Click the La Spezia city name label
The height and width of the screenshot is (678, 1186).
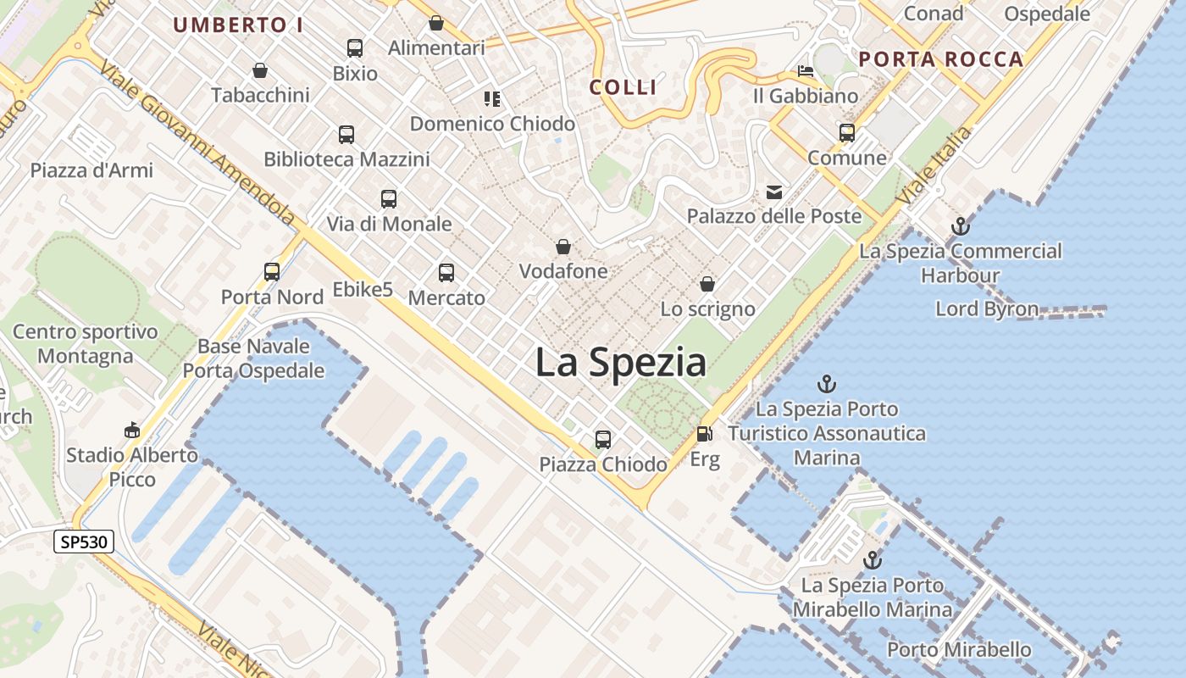point(621,363)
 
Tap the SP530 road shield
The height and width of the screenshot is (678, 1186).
point(84,542)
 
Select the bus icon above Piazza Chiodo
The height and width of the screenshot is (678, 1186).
point(603,440)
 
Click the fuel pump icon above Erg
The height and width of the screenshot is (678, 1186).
point(704,434)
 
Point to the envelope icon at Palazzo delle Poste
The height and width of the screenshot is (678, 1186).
point(774,192)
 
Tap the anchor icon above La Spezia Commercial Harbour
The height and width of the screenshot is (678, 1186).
point(960,226)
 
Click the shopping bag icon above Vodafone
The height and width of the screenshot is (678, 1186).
point(563,247)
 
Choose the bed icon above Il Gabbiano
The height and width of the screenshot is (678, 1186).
point(805,71)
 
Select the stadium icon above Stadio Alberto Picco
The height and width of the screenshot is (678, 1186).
point(132,431)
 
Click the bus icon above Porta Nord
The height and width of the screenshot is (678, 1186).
point(272,272)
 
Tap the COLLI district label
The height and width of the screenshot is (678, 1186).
point(623,87)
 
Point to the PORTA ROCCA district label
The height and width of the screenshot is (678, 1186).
point(941,59)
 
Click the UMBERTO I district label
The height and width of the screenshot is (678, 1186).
point(238,25)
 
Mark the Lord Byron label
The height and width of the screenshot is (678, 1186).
point(987,308)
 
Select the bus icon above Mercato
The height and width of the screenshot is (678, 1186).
point(446,273)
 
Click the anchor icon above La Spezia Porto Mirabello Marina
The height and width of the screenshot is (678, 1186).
point(872,560)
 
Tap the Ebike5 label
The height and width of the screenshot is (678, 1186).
point(363,290)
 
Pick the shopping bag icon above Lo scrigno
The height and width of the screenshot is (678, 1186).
point(707,284)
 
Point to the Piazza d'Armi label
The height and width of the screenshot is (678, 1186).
point(91,170)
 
